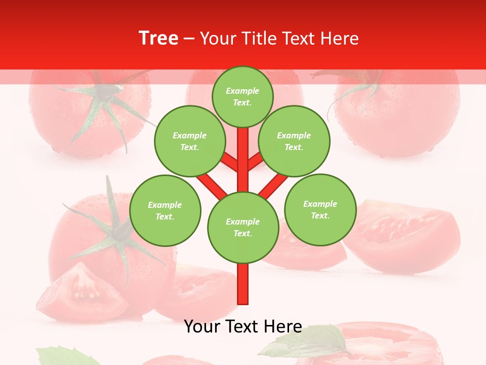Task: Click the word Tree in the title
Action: [x=158, y=39]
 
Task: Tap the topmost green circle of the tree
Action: [x=242, y=96]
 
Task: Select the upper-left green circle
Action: [x=190, y=141]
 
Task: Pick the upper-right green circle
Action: [x=294, y=141]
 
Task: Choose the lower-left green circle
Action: [x=165, y=210]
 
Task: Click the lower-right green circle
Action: [x=320, y=209]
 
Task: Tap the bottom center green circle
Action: [x=243, y=228]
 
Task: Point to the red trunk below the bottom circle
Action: [x=243, y=284]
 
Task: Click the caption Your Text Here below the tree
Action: [x=243, y=326]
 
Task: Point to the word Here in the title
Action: [x=339, y=39]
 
